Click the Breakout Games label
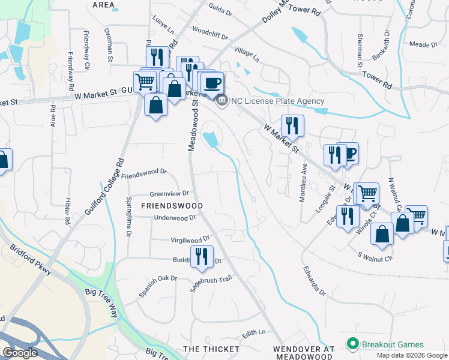pos(393,344)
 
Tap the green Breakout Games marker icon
pos(353,344)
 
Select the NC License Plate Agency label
pos(277,101)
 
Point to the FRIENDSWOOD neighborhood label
pos(172,205)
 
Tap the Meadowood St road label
pos(193,126)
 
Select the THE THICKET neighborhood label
pos(211,349)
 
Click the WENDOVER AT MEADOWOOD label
pos(303,349)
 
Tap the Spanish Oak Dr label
pos(158,285)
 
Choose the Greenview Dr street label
pos(169,193)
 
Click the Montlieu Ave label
pos(304,182)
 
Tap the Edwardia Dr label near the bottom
pos(314,281)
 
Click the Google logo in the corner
pos(20,352)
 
